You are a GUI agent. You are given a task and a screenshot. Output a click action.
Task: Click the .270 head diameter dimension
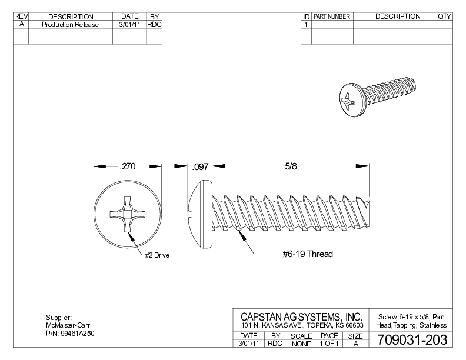(x=128, y=167)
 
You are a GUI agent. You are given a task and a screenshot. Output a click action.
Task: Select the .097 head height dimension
(x=201, y=167)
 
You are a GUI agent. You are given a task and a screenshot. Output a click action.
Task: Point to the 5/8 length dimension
(x=291, y=167)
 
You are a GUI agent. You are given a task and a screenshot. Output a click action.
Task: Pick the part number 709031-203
(x=408, y=341)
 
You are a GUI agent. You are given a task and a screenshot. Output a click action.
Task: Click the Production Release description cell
(x=70, y=25)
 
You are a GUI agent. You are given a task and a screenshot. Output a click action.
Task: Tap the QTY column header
(x=444, y=16)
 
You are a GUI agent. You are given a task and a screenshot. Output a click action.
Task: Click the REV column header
(x=21, y=16)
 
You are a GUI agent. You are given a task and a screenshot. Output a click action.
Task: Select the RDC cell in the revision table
(x=154, y=25)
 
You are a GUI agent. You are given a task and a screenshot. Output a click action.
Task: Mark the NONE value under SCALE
(x=301, y=343)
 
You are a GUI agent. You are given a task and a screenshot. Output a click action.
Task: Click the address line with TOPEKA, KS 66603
(x=301, y=326)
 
